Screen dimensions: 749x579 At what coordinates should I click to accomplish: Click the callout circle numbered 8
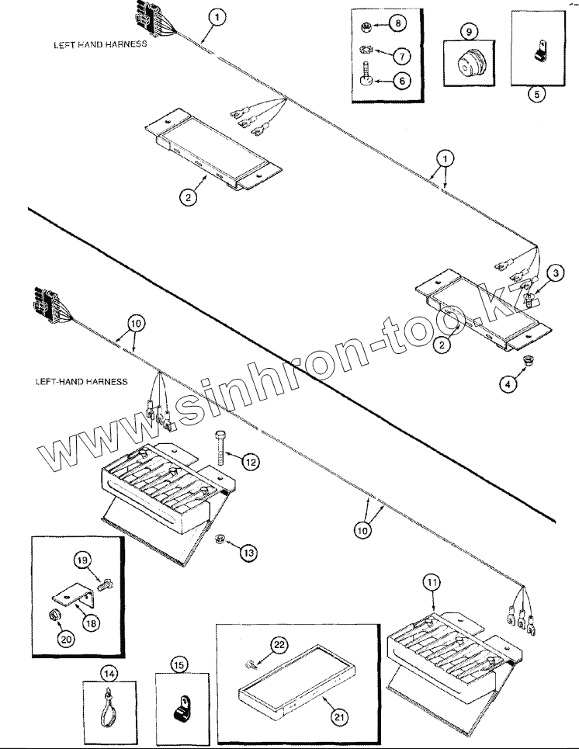(x=398, y=24)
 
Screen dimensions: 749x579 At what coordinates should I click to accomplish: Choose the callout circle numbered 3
(x=558, y=273)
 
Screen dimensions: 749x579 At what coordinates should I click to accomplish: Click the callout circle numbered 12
(x=250, y=462)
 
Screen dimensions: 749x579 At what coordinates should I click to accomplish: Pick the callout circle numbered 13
(x=248, y=553)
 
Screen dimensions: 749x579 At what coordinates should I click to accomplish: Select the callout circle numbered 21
(x=337, y=716)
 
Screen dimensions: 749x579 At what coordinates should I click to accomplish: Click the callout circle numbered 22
(x=279, y=643)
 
